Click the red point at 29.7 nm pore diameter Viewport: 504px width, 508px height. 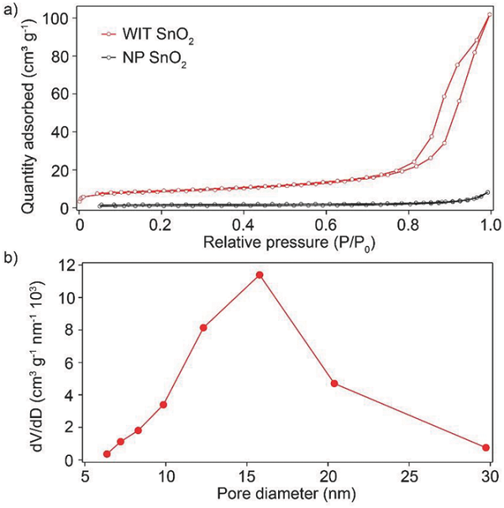(486, 448)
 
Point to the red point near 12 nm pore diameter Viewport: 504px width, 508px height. (203, 327)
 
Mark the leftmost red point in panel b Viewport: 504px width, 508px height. (107, 454)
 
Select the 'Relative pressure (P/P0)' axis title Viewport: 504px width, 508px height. (286, 243)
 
